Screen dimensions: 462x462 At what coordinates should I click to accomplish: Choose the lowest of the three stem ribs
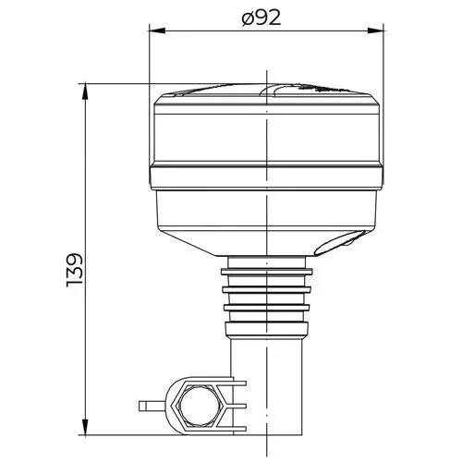click(x=267, y=309)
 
